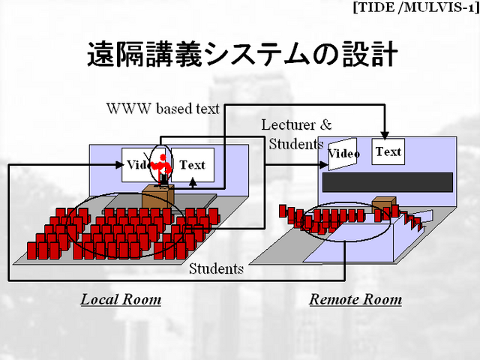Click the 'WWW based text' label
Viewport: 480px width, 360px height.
pos(163,109)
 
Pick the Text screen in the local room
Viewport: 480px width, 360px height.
pos(193,165)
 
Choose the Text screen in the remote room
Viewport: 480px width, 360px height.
pos(388,152)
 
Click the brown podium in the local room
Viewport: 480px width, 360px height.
pos(157,197)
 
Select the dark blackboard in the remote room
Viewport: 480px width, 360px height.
pos(387,181)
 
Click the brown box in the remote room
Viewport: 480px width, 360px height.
pos(384,203)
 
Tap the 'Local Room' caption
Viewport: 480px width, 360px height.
pos(121,300)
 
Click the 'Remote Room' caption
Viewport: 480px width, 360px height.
pos(355,300)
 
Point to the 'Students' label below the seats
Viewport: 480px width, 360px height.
pos(216,268)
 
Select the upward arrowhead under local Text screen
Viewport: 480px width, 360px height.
pos(193,181)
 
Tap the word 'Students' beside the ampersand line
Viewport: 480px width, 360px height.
pos(295,143)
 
